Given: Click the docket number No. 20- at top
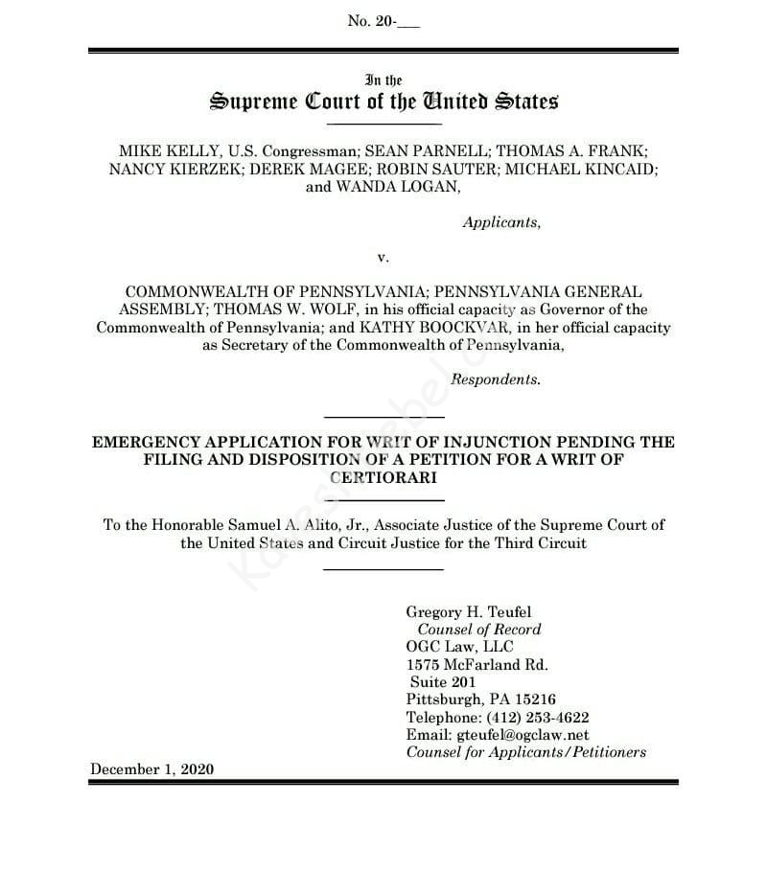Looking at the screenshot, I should coord(383,21).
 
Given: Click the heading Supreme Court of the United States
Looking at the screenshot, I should coord(383,101).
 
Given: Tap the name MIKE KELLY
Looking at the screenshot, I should coord(158,151).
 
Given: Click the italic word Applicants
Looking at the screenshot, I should coord(500,222).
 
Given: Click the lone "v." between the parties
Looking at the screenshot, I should coord(383,257).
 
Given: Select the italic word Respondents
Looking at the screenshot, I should coord(495,379).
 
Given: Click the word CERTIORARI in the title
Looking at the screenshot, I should coord(383,476).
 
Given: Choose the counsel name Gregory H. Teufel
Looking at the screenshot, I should coord(469,611).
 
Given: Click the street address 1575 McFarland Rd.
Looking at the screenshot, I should coord(476,664).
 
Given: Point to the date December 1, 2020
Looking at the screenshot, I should coord(151,769).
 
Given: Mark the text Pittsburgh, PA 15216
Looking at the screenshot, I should coord(480,699).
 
